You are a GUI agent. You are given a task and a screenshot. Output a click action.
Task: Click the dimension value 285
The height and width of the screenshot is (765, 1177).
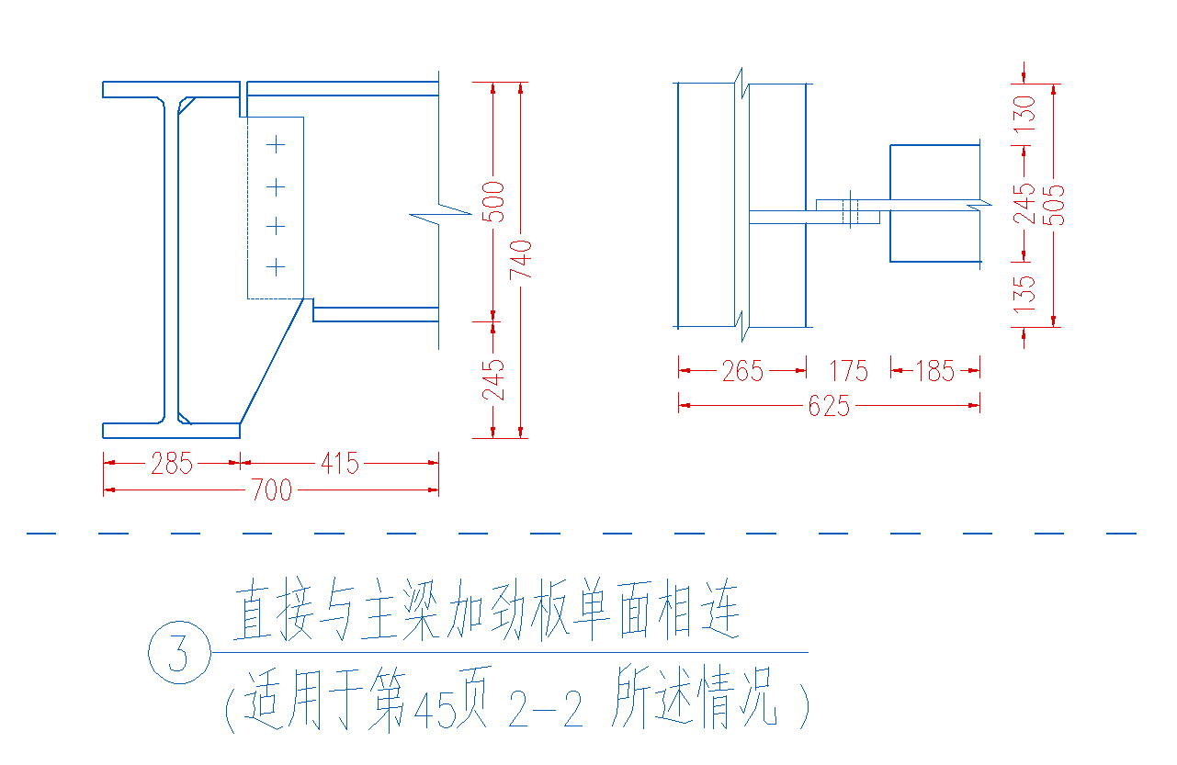click(172, 464)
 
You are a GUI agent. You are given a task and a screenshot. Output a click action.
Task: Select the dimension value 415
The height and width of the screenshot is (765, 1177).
click(340, 464)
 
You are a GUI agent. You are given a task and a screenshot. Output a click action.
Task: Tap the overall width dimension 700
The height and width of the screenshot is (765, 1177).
click(272, 490)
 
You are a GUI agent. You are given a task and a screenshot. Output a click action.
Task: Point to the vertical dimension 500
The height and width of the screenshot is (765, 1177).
click(493, 202)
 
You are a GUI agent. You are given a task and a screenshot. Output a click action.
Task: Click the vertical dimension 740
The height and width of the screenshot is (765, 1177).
click(521, 259)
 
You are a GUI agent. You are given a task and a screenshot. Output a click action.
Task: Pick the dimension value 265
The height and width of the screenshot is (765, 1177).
click(742, 371)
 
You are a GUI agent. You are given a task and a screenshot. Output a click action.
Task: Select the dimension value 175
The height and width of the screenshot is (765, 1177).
click(849, 371)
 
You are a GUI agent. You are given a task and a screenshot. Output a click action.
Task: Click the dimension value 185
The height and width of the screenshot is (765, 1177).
click(934, 371)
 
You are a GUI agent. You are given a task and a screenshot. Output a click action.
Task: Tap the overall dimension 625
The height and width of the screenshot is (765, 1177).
click(829, 406)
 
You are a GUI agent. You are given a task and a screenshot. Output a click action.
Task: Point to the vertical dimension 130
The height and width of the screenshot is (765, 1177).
click(1024, 114)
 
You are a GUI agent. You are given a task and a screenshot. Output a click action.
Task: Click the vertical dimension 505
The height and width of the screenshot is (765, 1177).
click(1054, 206)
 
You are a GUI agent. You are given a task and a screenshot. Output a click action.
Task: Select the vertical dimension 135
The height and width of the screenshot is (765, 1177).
click(1024, 294)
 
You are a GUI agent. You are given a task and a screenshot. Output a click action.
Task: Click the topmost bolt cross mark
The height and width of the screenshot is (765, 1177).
click(276, 144)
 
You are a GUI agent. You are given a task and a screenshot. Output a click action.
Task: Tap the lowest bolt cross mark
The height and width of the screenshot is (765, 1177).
click(276, 268)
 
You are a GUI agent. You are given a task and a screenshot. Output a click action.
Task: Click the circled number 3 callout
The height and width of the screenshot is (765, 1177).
click(179, 653)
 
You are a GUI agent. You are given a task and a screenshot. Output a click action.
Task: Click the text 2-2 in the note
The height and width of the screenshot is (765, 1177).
click(546, 709)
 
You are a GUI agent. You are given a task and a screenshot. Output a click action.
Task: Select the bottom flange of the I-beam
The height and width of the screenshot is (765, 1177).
click(171, 431)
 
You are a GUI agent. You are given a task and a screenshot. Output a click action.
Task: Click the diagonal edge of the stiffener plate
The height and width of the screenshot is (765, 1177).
click(272, 361)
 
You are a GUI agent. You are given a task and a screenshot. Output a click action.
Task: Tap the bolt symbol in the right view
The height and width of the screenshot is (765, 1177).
click(850, 209)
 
